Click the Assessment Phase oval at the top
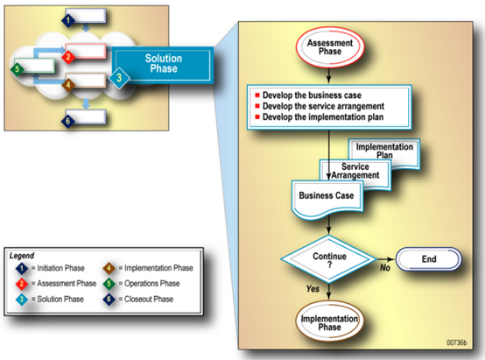[x=330, y=47]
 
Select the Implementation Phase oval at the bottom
[x=329, y=321]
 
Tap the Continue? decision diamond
[x=329, y=259]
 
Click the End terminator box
[x=429, y=258]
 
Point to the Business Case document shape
[x=327, y=198]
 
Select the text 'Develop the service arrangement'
[x=323, y=106]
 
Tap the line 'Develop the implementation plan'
[x=323, y=117]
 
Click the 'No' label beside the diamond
[x=385, y=267]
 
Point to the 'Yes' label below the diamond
[x=313, y=289]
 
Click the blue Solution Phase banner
[x=163, y=64]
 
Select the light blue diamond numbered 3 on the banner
[x=119, y=78]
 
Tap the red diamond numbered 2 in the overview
[x=68, y=57]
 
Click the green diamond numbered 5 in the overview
[x=18, y=69]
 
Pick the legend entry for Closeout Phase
[x=138, y=300]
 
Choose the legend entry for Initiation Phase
[x=50, y=268]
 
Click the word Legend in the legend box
[x=22, y=256]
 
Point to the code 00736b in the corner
[x=456, y=342]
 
